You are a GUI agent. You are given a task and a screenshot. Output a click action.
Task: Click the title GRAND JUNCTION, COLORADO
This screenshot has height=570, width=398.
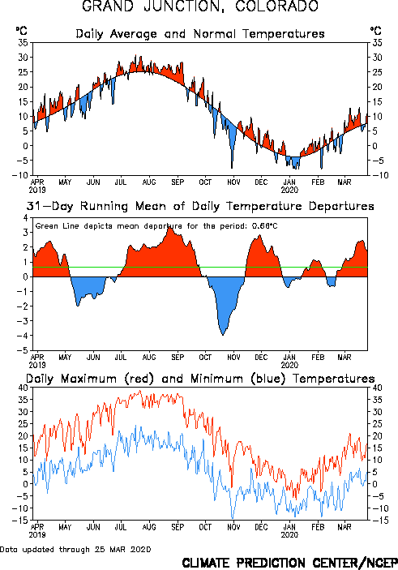tap(200, 6)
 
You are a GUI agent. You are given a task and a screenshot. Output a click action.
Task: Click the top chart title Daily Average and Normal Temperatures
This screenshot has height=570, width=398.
tap(200, 34)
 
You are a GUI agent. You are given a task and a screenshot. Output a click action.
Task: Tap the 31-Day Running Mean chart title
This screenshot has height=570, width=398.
tap(200, 206)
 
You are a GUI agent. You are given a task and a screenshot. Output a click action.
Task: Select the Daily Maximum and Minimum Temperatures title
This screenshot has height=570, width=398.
tap(200, 379)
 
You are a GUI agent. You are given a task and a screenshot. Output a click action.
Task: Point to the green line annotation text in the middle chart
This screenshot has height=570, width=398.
tap(156, 226)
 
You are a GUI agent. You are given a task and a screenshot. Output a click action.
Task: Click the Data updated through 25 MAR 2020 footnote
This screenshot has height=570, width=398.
tap(75, 549)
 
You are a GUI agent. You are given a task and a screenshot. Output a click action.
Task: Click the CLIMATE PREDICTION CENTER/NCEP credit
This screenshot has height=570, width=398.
tap(289, 563)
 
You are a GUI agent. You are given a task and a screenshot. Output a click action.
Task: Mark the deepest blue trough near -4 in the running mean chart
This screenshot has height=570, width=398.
tap(223, 334)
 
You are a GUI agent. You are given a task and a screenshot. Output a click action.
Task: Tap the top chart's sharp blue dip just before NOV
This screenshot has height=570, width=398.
tap(232, 168)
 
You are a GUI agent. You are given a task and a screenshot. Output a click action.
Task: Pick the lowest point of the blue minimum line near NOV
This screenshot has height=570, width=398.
tap(233, 518)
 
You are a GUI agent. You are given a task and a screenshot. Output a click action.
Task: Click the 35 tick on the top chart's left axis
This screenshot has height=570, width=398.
tap(23, 42)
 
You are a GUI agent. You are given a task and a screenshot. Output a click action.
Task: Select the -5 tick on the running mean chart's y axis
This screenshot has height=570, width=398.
tap(22, 350)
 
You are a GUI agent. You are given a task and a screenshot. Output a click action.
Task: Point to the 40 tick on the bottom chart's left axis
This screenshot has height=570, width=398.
tap(23, 388)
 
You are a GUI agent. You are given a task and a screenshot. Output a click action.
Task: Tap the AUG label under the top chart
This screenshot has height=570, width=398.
tap(149, 182)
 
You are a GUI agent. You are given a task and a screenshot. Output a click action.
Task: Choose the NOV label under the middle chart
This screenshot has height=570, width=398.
tap(233, 358)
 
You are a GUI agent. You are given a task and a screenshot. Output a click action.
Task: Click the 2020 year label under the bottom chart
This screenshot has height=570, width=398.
tap(289, 535)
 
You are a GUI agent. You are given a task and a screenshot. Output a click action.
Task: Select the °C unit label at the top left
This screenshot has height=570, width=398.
tap(21, 31)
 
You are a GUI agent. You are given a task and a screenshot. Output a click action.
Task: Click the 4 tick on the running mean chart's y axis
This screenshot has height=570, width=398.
tap(25, 218)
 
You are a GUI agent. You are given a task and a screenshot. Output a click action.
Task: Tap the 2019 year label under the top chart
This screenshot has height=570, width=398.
tap(37, 190)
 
